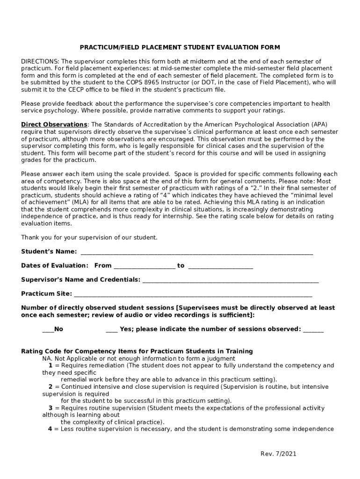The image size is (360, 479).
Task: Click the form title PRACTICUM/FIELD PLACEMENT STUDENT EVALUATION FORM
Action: coord(180,48)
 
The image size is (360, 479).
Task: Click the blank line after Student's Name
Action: coord(197,253)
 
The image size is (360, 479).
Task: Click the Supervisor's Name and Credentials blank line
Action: coord(230,281)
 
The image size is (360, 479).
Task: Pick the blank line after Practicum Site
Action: coord(193,295)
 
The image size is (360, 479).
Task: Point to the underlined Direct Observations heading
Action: coord(54,125)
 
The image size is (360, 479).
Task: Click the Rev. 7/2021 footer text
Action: coord(278,454)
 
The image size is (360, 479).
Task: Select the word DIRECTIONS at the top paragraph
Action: coord(40,62)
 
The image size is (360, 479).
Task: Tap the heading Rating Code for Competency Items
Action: coord(137,351)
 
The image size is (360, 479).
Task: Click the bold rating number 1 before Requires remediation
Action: coord(50,366)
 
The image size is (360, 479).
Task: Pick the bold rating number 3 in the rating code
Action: coord(50,408)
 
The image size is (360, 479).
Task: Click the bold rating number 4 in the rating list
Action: coord(50,429)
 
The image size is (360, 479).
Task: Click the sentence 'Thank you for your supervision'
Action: coord(89,238)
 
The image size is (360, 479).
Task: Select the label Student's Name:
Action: coord(49,252)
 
